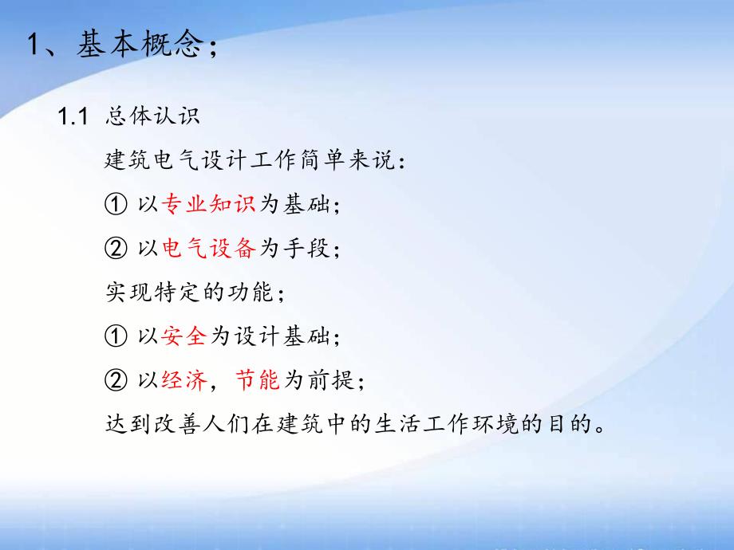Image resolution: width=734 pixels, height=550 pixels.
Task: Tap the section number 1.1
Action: click(72, 116)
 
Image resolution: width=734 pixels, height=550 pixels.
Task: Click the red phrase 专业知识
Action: click(208, 205)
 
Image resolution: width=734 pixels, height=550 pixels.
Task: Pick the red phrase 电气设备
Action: click(208, 249)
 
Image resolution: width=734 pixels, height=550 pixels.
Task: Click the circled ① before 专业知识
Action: click(116, 205)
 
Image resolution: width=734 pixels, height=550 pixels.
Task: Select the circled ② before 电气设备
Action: click(116, 249)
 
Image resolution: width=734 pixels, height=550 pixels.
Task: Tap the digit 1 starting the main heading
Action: click(34, 45)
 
